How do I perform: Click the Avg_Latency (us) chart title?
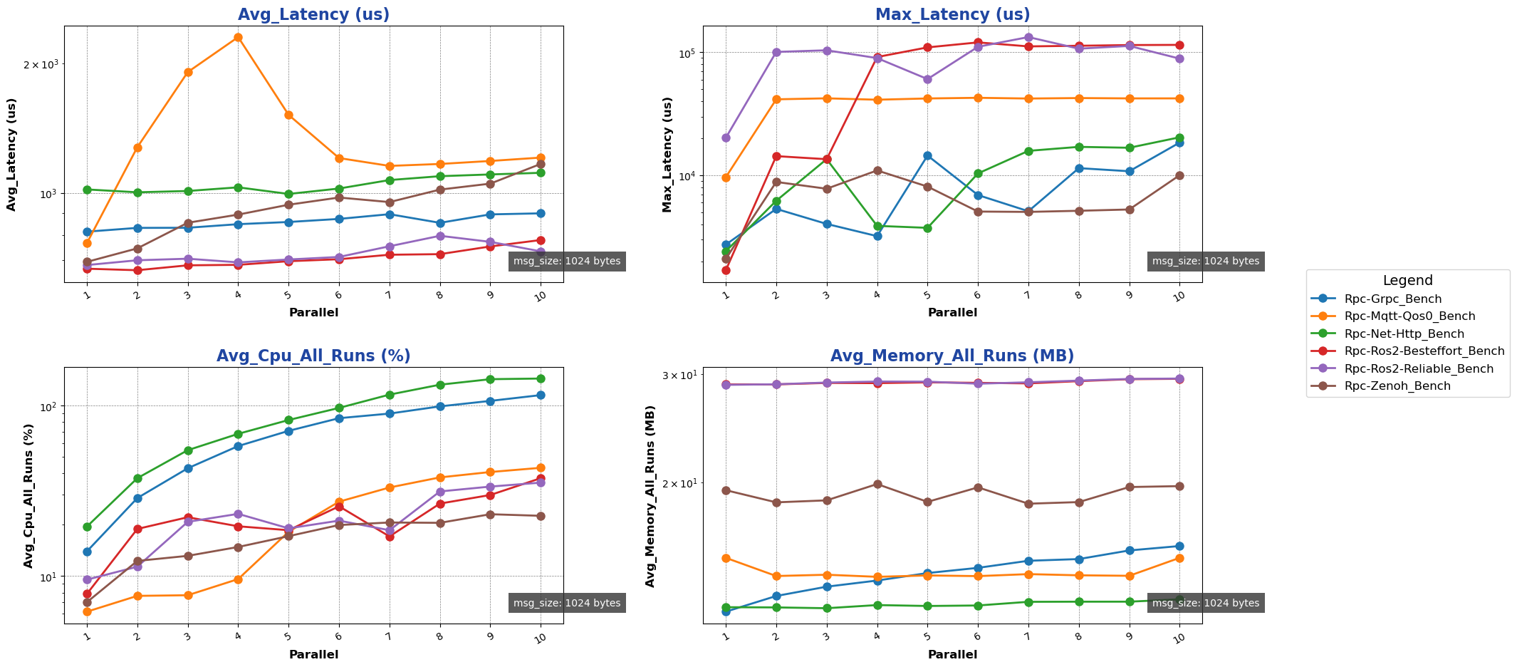click(x=313, y=15)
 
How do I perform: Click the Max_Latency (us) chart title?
click(x=952, y=15)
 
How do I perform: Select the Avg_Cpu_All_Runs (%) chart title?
click(x=313, y=356)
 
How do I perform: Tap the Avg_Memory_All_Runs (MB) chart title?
click(x=952, y=356)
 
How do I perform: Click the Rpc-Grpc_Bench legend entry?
click(x=1392, y=299)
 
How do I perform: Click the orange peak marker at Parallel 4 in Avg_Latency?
click(x=238, y=37)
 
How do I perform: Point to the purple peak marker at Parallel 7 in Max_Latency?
click(x=1028, y=37)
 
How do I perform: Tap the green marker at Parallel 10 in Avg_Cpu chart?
click(x=541, y=378)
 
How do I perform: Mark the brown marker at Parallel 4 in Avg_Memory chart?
click(x=877, y=484)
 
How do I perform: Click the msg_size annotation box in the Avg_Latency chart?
click(x=567, y=262)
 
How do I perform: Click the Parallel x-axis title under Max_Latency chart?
click(x=952, y=313)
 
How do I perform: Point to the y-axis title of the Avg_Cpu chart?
click(x=28, y=496)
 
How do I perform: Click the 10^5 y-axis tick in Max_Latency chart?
click(x=684, y=53)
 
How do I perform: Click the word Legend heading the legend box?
click(x=1407, y=281)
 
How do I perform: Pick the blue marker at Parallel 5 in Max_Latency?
click(x=927, y=155)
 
